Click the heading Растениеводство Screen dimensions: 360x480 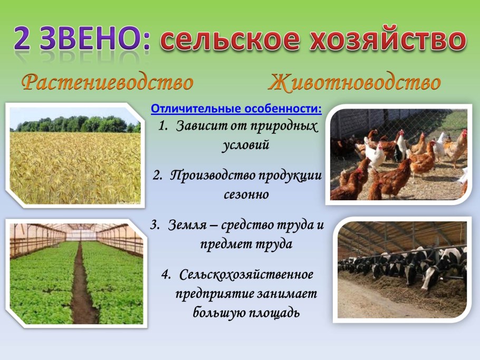(107, 83)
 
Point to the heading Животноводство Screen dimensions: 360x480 (354, 83)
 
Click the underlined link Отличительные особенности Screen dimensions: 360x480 (236, 109)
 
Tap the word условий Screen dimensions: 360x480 (246, 145)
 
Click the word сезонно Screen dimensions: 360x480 (246, 194)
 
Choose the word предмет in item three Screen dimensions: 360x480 (225, 244)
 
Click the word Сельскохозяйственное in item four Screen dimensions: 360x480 (246, 274)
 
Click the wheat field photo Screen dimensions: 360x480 (75, 158)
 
